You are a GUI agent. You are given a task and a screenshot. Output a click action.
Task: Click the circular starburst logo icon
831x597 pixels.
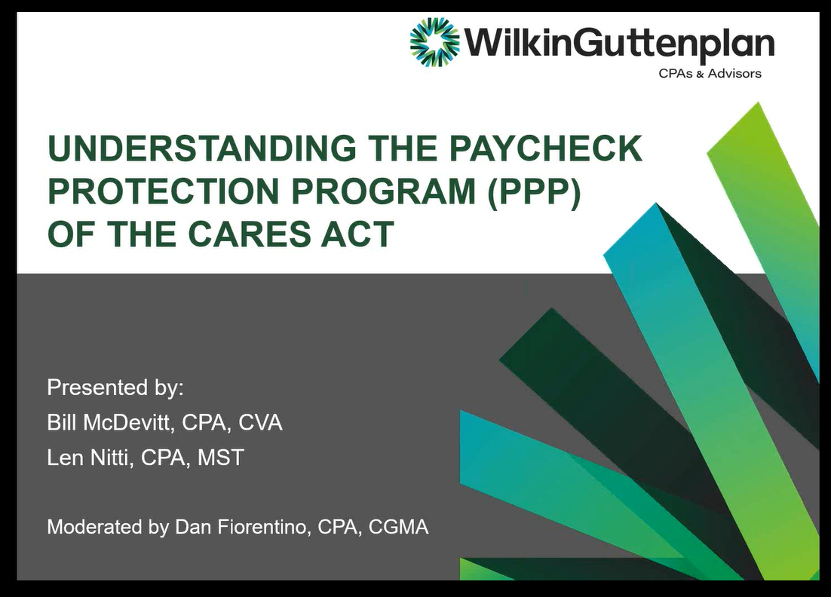(434, 42)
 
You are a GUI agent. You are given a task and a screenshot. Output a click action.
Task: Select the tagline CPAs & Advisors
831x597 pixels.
(710, 74)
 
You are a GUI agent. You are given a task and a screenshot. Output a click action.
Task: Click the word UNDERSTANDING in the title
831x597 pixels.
(202, 148)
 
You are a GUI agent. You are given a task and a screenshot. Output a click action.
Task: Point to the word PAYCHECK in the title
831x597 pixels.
(545, 148)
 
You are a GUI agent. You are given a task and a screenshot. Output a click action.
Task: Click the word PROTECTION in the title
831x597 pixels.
(163, 191)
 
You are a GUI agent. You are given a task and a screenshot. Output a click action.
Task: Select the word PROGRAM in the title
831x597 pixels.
(384, 191)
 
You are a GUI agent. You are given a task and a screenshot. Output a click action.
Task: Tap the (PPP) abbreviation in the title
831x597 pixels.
(534, 191)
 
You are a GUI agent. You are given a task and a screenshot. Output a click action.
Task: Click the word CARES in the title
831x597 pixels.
(249, 234)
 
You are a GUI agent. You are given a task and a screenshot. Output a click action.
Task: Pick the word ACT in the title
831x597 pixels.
(357, 234)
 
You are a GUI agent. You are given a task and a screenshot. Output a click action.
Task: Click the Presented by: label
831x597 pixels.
(115, 387)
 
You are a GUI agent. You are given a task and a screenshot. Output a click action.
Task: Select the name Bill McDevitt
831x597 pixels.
(109, 423)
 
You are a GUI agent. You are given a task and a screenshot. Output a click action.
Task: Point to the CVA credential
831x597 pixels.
(260, 423)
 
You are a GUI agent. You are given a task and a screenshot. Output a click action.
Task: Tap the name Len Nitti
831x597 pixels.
(87, 458)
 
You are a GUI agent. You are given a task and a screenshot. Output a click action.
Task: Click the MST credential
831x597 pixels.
(220, 458)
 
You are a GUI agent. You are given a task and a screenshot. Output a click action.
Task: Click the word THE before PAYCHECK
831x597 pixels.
(403, 148)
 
